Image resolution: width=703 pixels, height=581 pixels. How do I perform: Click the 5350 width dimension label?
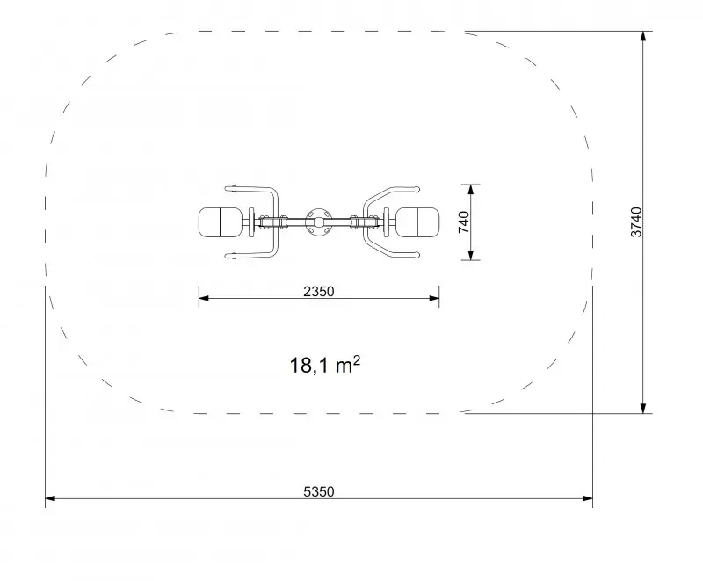tap(319, 492)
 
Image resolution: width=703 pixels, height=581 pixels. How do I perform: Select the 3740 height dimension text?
tap(636, 222)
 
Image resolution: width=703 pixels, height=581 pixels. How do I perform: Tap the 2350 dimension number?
tap(319, 292)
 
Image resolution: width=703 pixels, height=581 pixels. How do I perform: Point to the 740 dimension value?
tap(464, 222)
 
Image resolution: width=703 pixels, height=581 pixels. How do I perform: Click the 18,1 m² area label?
tap(325, 365)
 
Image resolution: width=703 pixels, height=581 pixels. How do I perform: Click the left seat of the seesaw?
tap(221, 222)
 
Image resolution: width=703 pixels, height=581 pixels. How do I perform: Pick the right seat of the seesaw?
tap(417, 222)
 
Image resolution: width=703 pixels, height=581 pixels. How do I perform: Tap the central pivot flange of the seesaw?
tap(318, 222)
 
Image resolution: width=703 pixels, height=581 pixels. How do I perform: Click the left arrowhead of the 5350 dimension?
tap(50, 498)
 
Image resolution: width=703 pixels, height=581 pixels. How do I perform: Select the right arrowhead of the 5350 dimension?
tap(587, 498)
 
